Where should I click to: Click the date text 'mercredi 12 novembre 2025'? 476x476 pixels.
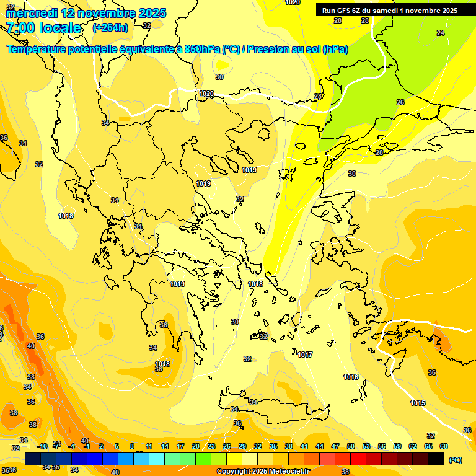[86, 13]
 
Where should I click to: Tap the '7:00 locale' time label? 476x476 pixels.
[43, 28]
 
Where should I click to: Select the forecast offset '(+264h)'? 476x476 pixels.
[110, 28]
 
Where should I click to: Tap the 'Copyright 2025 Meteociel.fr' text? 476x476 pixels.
[263, 472]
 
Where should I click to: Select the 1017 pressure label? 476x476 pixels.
[304, 355]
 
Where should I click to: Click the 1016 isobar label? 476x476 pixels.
[351, 377]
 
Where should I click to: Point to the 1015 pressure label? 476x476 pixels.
[418, 403]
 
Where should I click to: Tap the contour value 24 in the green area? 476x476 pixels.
[441, 33]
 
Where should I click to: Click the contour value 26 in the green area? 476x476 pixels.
[400, 102]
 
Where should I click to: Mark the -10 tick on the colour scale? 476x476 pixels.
[42, 446]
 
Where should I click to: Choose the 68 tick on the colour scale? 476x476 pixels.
[444, 446]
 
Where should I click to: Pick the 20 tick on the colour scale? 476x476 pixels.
[195, 446]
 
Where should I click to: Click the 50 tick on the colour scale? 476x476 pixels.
[351, 446]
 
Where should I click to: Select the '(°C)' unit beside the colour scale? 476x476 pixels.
[456, 459]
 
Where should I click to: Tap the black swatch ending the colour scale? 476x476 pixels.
[436, 459]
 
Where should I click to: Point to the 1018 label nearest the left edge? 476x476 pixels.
[66, 216]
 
